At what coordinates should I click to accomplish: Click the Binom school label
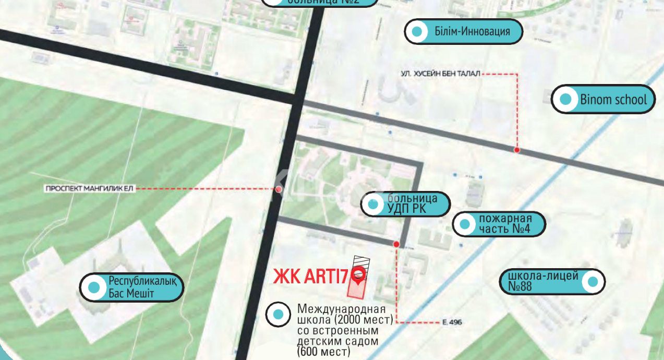pos(603,99)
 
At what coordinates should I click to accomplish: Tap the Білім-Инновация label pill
pos(463,31)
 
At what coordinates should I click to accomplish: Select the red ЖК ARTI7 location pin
pos(358,274)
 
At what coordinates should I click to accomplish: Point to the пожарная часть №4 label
pos(499,224)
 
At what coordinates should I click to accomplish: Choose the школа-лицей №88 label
pos(552,281)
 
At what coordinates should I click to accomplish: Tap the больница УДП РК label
pos(405,204)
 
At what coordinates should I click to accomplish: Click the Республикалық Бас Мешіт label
pos(131,287)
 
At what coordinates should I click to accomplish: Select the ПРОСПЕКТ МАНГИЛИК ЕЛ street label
pos(90,189)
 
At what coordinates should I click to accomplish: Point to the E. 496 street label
pos(452,322)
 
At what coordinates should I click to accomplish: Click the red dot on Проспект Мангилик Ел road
pos(279,189)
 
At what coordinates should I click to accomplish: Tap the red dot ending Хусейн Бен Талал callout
pos(517,150)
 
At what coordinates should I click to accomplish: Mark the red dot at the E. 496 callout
pos(396,244)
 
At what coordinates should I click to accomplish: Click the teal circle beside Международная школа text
pos(278,315)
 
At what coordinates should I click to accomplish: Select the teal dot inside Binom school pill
pos(565,99)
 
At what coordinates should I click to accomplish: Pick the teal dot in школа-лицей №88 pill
pos(592,282)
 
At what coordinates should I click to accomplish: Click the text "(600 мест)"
pos(323,352)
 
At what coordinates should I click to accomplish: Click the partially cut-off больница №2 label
pos(319,2)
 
